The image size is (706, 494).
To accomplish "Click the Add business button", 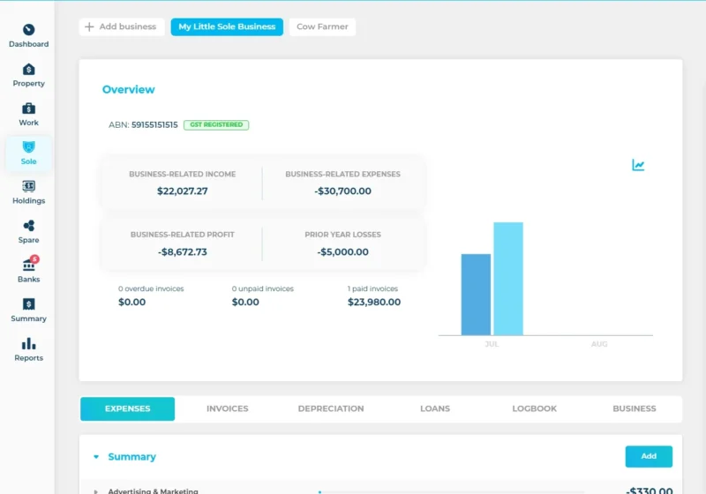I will (122, 27).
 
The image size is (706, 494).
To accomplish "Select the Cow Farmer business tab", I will (322, 27).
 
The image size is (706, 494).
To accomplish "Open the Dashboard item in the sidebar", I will (28, 35).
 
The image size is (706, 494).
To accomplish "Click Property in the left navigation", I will (28, 75).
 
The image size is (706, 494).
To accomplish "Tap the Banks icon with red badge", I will (28, 270).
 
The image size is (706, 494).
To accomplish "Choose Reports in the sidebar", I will (28, 349).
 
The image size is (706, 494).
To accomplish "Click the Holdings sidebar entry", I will (28, 191).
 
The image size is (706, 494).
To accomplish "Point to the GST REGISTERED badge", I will (216, 125).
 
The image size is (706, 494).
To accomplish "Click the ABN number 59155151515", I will (154, 125).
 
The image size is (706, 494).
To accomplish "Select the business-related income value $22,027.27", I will (183, 191).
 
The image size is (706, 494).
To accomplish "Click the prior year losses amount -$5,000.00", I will (342, 251).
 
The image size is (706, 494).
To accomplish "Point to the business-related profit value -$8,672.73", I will (183, 251).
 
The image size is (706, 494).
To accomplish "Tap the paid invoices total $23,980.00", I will (374, 302).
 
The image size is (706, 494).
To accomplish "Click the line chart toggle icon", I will (638, 165).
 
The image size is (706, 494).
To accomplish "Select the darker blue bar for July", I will (476, 295).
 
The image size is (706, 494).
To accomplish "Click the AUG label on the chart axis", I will (599, 344).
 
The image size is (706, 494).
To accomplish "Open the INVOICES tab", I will (227, 408).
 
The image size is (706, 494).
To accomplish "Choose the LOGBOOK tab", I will (534, 408).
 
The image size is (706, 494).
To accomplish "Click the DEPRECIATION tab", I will (331, 408).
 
